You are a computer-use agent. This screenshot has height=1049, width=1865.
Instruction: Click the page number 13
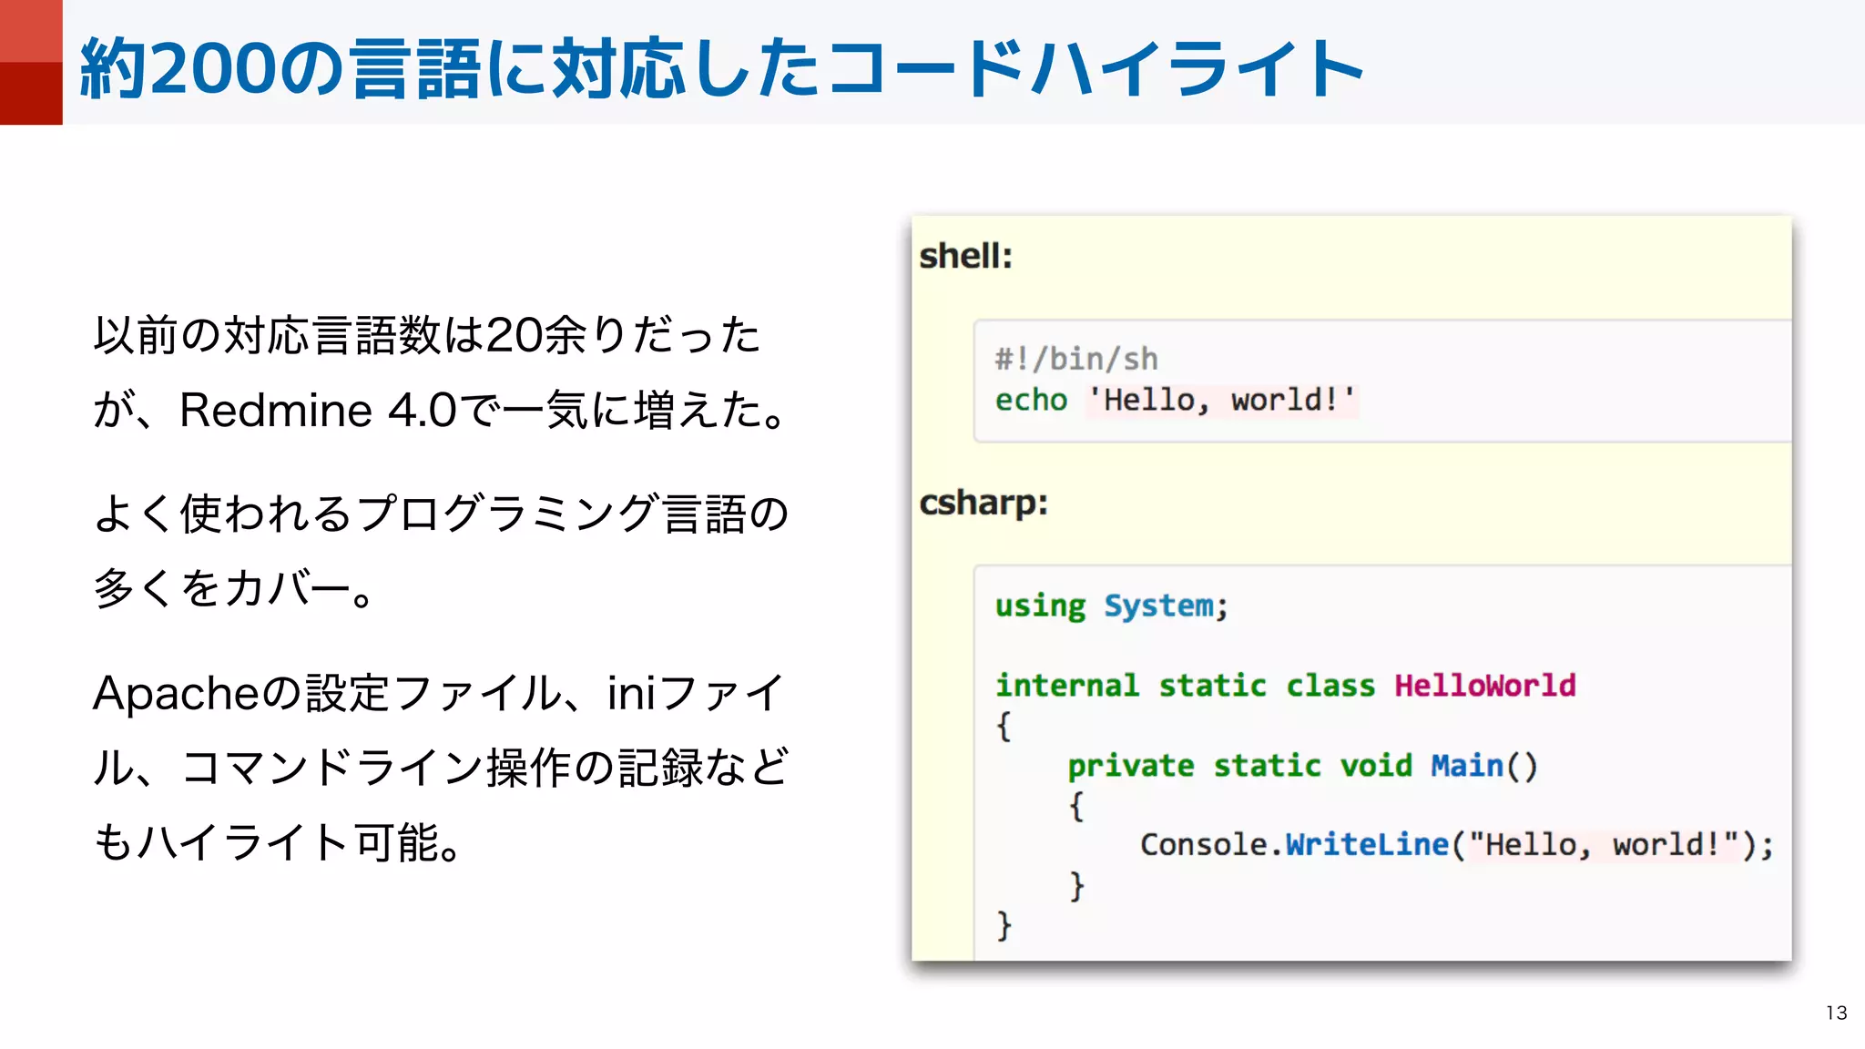coord(1836,1013)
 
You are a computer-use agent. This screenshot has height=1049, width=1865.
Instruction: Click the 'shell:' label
coord(965,256)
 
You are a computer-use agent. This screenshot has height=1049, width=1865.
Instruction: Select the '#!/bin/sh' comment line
coord(1075,359)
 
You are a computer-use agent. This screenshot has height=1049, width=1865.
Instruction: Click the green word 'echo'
coord(1031,400)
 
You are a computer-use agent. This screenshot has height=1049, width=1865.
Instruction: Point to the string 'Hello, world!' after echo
coord(1220,400)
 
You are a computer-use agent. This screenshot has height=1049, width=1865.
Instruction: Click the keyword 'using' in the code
coord(1040,606)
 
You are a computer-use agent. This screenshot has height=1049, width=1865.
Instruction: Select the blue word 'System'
coord(1158,606)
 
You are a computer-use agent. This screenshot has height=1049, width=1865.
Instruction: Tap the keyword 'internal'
coord(1066,685)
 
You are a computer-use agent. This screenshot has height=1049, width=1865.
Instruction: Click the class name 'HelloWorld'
coord(1484,685)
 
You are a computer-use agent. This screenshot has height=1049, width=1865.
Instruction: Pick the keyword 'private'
coord(1130,766)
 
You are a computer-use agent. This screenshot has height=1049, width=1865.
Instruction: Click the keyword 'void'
coord(1375,766)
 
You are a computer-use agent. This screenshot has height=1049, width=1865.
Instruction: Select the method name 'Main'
coord(1466,766)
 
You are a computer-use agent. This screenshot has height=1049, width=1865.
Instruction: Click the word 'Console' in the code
coord(1203,845)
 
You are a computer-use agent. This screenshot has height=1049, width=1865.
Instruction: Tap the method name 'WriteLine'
coord(1366,845)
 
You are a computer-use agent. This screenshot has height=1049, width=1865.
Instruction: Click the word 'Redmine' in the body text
coord(275,410)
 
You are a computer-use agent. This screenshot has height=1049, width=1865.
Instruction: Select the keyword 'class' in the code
coord(1330,685)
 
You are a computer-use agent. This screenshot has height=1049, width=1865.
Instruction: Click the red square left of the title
coord(31,62)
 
